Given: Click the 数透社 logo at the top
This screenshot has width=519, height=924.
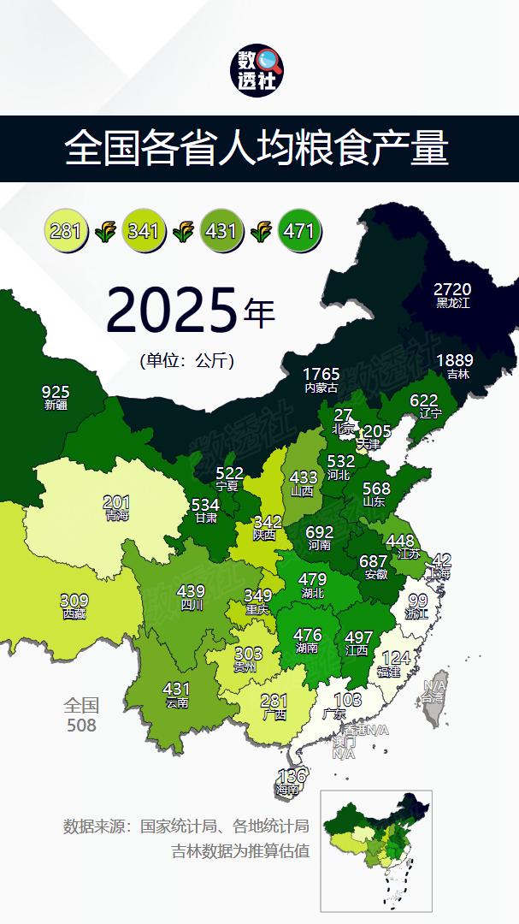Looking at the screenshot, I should click(259, 70).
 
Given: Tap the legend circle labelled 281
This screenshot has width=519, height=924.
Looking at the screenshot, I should click(66, 230).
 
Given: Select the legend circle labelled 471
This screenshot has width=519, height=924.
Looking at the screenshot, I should click(298, 230).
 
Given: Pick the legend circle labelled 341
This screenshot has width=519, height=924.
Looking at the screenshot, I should click(144, 230).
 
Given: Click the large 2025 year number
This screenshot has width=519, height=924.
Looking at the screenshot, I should click(170, 310).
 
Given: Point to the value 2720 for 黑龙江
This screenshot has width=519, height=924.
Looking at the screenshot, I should click(452, 289).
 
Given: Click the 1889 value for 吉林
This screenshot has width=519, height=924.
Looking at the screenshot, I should click(453, 360).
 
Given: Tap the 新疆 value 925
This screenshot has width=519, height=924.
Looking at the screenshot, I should click(56, 392).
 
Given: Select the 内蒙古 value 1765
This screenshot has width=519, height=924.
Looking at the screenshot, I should click(321, 375).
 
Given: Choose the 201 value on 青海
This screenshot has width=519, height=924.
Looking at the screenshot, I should click(116, 502).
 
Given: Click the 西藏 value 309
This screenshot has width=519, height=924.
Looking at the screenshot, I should click(74, 601).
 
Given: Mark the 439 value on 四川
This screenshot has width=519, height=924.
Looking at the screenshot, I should click(191, 591).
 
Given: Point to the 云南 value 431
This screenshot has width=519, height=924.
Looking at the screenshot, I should click(177, 689).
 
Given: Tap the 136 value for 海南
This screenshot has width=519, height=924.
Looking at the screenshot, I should click(292, 776).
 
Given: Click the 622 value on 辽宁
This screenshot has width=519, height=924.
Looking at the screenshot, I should click(424, 400).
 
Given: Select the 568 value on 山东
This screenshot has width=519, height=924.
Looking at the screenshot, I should click(376, 489).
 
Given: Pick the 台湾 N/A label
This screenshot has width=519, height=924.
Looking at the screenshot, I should click(435, 686).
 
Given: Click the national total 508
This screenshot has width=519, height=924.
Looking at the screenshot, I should click(81, 726).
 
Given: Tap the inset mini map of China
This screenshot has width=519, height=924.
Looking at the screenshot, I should click(376, 850).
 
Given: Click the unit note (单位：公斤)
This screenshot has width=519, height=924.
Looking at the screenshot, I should click(186, 360).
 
